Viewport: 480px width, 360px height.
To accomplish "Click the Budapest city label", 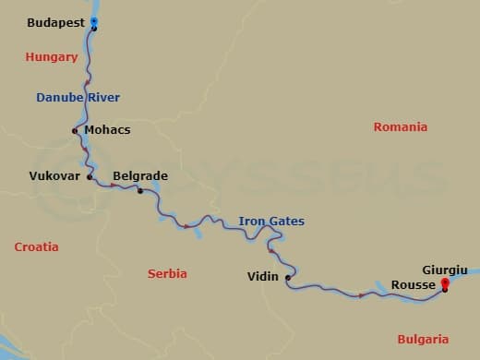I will tap(55, 22).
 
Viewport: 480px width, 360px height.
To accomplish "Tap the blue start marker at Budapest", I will tap(94, 21).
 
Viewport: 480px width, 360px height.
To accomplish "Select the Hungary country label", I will tap(52, 57).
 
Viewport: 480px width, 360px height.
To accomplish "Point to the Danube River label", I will tap(78, 97).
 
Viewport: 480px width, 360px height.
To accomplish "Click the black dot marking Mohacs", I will tap(75, 131).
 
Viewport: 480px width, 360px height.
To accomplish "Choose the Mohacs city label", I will tap(107, 130).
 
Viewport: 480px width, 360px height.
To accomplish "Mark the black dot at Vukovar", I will tap(90, 175).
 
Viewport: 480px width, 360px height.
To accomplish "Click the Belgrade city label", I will tap(139, 175).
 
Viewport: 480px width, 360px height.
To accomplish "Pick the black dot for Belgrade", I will tap(140, 191).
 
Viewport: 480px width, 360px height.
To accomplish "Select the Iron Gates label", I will tap(271, 222).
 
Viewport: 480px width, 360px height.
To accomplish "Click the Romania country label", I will tap(401, 126).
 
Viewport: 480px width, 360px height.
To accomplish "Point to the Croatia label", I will tap(36, 247).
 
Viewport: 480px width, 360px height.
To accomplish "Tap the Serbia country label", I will tap(167, 274).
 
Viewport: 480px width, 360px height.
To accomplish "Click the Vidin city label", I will tap(263, 276).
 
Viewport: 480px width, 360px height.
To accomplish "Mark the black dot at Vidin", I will tap(288, 277).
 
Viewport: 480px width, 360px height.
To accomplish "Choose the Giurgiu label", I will tap(444, 270).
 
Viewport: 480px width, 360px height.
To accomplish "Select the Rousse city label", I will tap(413, 285).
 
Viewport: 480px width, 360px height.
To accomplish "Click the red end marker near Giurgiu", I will tap(445, 283).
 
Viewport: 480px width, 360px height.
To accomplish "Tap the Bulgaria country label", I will tap(423, 339).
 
